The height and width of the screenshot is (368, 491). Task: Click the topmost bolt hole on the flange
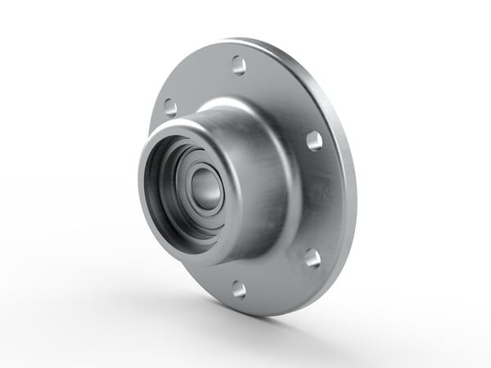coord(238,65)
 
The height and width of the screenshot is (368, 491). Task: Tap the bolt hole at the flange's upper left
coord(170,106)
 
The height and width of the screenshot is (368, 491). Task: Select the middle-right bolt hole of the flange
coord(314,140)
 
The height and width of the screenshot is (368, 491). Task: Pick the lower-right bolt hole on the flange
coord(313,258)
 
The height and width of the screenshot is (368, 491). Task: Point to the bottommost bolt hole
coord(238,288)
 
